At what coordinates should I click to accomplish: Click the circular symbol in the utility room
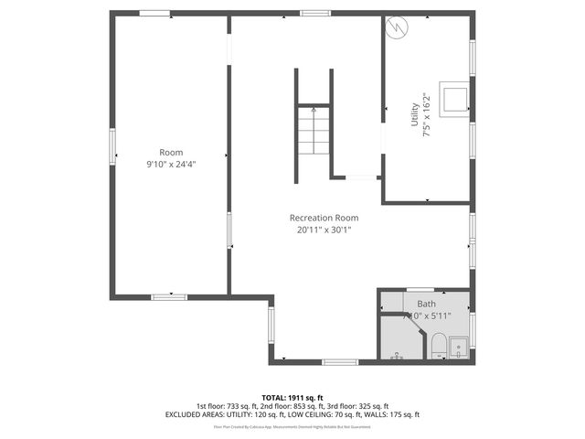396,28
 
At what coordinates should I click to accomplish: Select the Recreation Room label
324,218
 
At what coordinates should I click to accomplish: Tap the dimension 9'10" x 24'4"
171,165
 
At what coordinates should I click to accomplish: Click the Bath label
427,304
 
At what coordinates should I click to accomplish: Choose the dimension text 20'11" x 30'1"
324,230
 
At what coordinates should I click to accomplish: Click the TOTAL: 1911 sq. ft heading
292,398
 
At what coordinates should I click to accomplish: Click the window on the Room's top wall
155,13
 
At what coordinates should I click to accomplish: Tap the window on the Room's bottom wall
169,296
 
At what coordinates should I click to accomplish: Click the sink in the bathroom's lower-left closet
396,355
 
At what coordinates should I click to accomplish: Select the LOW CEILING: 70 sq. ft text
318,414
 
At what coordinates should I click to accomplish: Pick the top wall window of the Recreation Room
315,13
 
